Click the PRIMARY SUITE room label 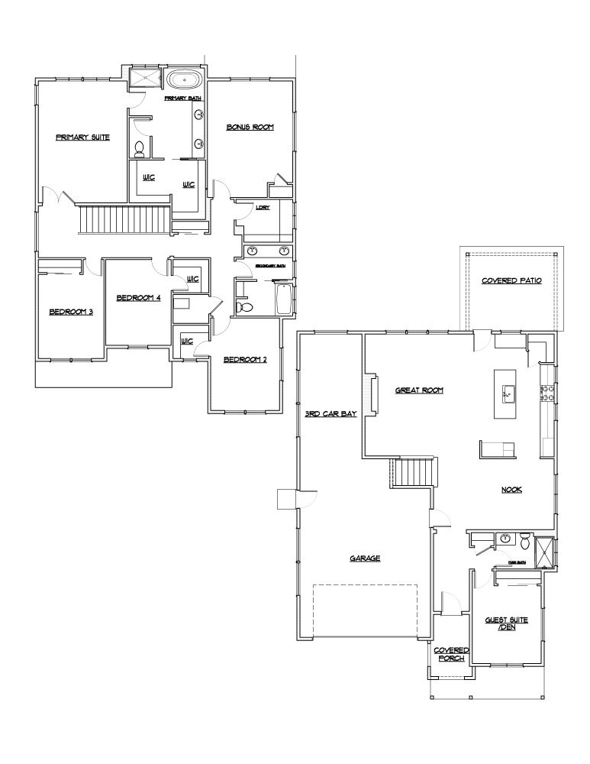[82, 138]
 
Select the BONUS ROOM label [250, 127]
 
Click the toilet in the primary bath [140, 150]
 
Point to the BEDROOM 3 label [70, 312]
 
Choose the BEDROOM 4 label [138, 298]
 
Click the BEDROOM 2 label [244, 360]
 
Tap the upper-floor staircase [124, 221]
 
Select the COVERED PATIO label [511, 281]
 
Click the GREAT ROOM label [419, 390]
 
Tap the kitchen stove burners [546, 393]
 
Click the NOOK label [511, 490]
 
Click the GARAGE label [365, 558]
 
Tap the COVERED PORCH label [451, 653]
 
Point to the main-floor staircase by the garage [412, 471]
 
